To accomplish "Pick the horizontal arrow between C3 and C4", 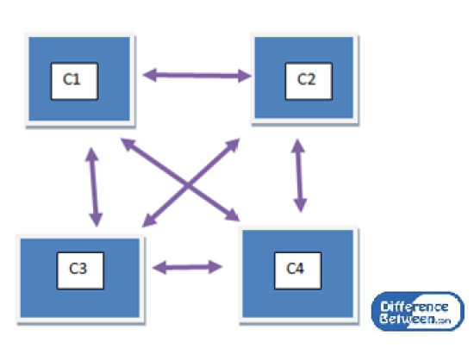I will [x=187, y=266].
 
